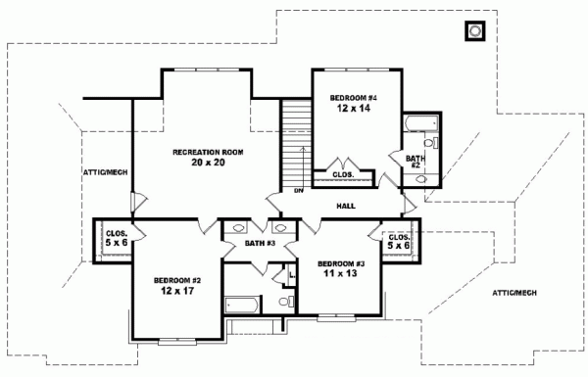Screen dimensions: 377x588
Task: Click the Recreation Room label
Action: (208, 153)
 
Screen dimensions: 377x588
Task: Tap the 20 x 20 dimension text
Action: (208, 163)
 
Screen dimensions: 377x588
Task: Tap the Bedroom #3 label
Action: (340, 264)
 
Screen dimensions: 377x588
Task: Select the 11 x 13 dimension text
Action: (340, 275)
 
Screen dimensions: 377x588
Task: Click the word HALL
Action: (346, 207)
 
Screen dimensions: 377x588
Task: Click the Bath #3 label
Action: (258, 242)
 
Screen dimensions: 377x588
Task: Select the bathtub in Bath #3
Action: (240, 304)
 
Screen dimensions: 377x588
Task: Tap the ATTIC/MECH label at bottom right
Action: (514, 292)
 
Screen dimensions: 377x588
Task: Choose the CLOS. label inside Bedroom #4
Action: (343, 174)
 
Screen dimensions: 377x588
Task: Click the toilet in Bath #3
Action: (285, 303)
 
